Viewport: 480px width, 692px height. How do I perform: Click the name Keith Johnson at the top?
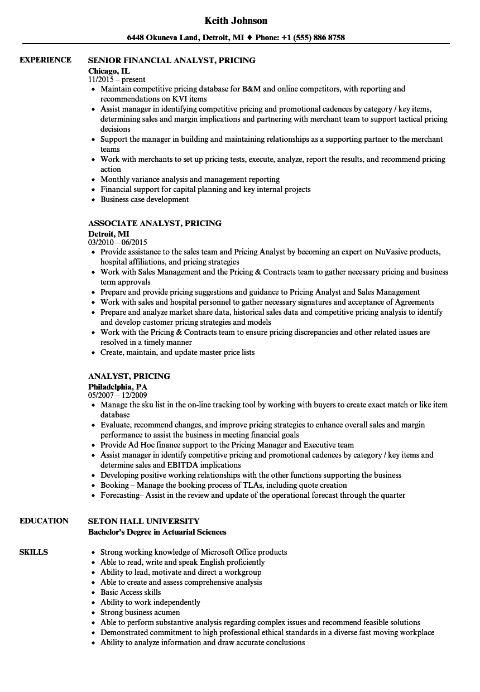236,21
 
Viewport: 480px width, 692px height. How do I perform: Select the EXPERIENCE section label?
45,60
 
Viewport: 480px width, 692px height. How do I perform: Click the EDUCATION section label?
44,521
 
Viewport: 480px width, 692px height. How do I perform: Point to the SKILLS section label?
33,552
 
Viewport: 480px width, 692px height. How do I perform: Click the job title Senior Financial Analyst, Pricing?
172,60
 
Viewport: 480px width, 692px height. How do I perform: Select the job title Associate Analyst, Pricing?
155,223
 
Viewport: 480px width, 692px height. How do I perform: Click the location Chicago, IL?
109,71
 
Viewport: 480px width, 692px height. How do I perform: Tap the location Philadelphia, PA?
118,386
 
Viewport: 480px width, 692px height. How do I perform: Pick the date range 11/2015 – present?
117,79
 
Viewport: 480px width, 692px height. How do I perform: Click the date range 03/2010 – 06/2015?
117,243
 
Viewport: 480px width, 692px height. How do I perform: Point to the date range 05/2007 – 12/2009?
117,396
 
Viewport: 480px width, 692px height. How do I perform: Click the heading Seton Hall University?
143,521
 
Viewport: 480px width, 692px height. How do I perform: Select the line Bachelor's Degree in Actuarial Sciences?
157,532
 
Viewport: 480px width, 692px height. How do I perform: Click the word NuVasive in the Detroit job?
393,252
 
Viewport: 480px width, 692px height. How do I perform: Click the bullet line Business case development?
145,199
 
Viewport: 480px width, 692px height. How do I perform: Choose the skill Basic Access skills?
131,592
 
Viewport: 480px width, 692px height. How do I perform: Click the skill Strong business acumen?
140,612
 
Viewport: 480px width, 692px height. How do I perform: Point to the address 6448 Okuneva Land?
162,38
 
